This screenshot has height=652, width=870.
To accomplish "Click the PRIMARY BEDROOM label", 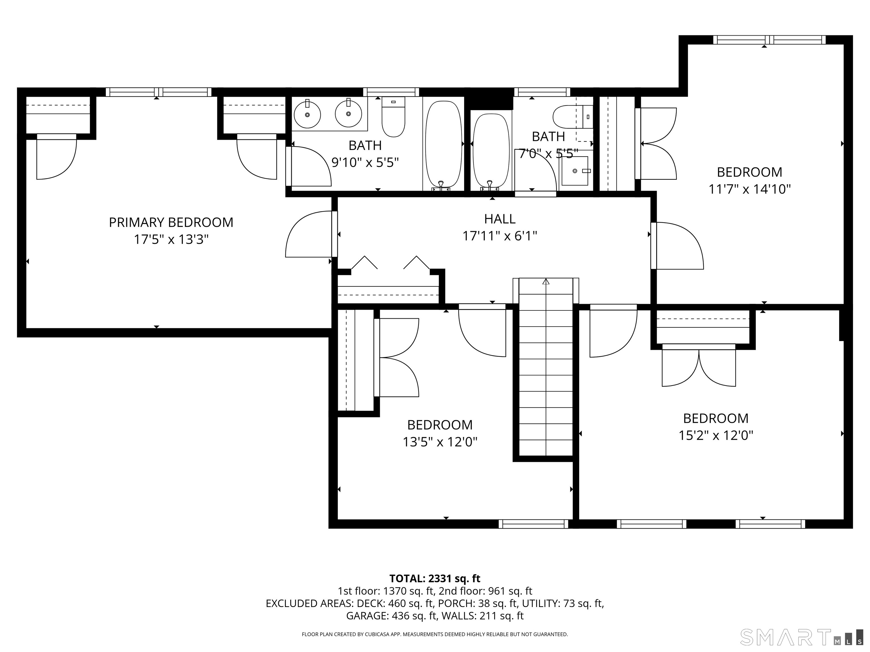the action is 171,222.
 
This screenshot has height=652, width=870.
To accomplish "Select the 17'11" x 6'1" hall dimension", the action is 500,236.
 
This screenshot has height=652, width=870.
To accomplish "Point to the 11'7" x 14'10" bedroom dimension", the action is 749,189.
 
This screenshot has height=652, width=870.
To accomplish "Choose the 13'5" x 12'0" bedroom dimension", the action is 440,442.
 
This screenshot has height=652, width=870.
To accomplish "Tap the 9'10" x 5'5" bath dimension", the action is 365,162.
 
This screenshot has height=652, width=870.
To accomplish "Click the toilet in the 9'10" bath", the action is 393,117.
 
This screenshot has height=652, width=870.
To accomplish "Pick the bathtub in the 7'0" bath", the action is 491,150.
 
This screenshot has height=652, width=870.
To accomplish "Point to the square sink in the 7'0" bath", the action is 575,171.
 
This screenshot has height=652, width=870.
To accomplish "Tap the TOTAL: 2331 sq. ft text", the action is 435,578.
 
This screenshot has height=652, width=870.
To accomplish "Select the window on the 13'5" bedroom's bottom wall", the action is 533,524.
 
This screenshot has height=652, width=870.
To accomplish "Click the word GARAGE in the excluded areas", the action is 367,616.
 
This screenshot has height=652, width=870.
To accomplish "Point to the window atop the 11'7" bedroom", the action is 769,40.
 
